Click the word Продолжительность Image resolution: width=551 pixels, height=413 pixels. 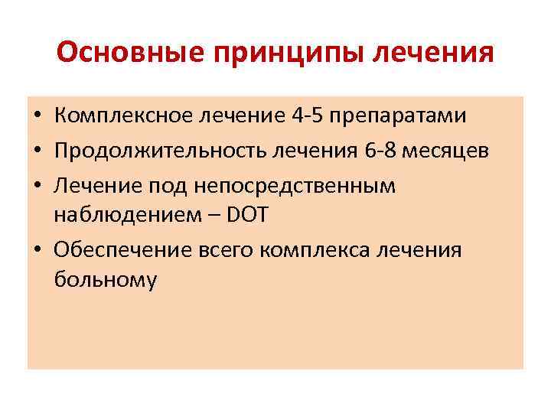coord(154,151)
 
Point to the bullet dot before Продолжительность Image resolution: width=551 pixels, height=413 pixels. coord(37,151)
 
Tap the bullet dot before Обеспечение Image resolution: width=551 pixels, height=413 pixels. coord(37,249)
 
